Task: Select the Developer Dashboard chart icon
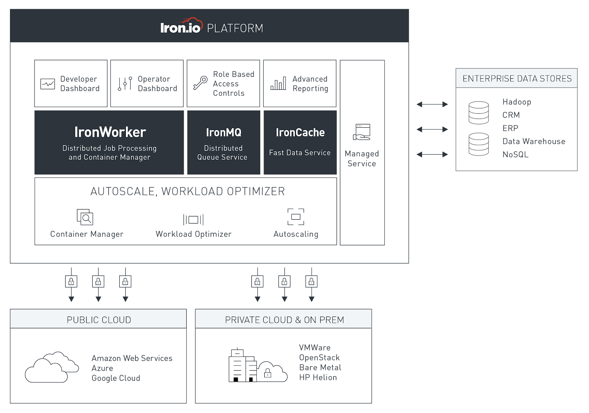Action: point(47,84)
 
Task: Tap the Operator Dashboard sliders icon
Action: point(125,84)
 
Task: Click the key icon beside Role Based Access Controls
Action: point(200,83)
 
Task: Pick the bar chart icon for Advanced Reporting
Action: point(278,84)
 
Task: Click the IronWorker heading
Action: point(110,132)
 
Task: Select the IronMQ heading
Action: point(223,132)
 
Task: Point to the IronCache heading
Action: point(300,132)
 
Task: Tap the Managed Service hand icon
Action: point(362,132)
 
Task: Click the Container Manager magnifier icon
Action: point(85,217)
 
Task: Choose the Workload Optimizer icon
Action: point(193,220)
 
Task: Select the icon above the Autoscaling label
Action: point(296,217)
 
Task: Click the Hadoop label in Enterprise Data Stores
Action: point(516,102)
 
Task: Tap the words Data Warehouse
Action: point(533,141)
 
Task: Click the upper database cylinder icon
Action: point(479,113)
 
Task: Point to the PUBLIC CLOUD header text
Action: point(99,320)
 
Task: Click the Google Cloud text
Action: point(116,378)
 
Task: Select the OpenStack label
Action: point(319,357)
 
